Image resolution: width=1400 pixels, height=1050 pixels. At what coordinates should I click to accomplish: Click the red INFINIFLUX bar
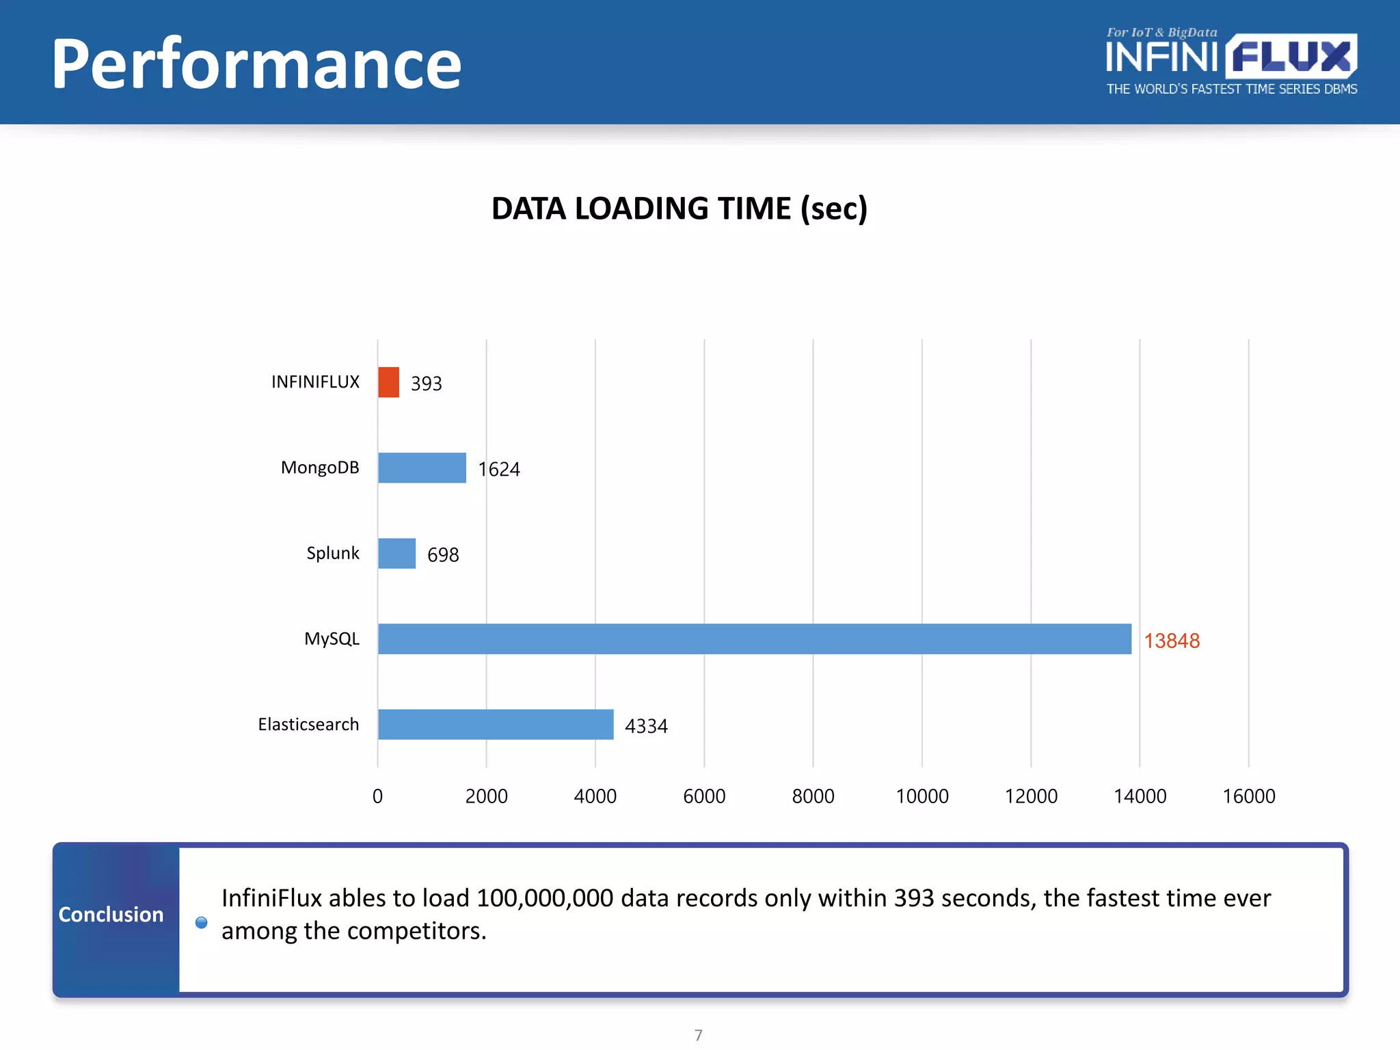(x=388, y=382)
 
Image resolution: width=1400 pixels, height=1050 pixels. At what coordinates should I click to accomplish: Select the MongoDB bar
(x=422, y=468)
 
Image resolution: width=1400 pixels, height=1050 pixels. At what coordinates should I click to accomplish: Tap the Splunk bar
(x=396, y=553)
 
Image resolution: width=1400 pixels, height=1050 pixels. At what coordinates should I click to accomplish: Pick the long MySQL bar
(x=754, y=638)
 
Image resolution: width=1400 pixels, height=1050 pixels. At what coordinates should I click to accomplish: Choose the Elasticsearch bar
(x=496, y=724)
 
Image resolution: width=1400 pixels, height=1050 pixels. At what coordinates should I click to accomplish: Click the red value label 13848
(x=1172, y=641)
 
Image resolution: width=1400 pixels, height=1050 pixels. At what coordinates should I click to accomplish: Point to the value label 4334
(x=646, y=726)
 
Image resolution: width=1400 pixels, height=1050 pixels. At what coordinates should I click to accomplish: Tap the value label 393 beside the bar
(x=426, y=383)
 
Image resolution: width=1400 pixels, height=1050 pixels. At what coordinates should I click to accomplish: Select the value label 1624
(x=499, y=469)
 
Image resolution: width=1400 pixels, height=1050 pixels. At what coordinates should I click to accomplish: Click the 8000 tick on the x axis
(x=813, y=796)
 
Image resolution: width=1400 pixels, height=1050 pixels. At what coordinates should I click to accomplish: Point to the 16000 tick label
(x=1248, y=796)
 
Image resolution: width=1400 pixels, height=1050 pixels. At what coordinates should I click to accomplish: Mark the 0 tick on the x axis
(x=377, y=796)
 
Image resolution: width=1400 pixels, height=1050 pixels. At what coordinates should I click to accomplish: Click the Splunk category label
(x=332, y=553)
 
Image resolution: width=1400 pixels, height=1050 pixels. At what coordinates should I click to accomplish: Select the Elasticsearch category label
(x=308, y=724)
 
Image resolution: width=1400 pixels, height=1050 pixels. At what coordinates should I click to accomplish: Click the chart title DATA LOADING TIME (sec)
(x=679, y=208)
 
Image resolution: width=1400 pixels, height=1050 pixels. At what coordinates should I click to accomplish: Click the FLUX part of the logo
(x=1291, y=56)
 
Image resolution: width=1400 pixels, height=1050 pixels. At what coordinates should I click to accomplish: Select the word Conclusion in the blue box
(x=111, y=914)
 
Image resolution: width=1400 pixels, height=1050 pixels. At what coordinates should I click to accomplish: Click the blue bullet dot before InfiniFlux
(x=201, y=922)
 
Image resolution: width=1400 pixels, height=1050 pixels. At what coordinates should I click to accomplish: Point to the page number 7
(x=698, y=1035)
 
